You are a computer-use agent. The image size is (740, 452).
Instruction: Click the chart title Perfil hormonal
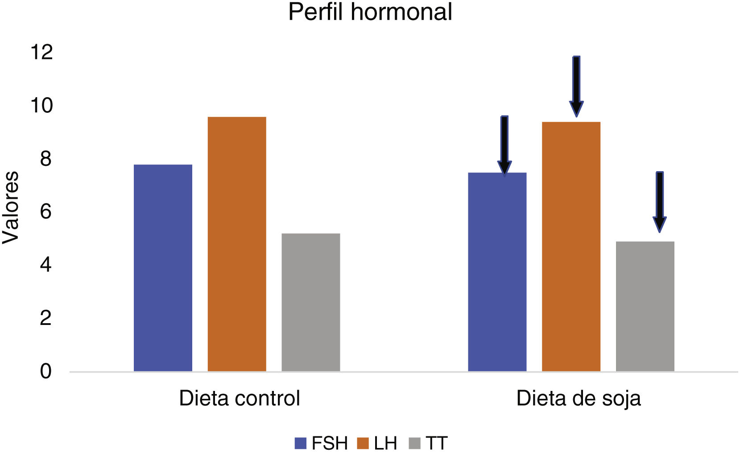[x=370, y=12]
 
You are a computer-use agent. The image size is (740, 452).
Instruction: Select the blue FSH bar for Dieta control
[x=163, y=267]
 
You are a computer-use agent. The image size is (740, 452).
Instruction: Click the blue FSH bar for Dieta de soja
[x=497, y=272]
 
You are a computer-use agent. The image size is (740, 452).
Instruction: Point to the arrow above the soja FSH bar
[x=504, y=145]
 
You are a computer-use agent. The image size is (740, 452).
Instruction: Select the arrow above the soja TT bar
[x=660, y=201]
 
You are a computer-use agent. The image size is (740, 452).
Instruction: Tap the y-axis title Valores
[x=11, y=207]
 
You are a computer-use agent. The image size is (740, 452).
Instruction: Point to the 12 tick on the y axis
[x=41, y=53]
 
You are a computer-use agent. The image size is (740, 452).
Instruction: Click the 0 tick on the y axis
[x=45, y=371]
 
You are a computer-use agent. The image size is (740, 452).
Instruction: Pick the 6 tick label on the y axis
[x=45, y=212]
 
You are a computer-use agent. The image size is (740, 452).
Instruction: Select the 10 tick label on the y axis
[x=41, y=106]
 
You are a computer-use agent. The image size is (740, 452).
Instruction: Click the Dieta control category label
[x=240, y=398]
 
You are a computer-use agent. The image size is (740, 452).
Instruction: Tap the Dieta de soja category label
[x=579, y=398]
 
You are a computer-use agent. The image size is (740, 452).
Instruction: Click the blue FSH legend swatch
[x=301, y=444]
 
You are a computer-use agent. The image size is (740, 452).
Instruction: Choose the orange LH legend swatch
[x=363, y=444]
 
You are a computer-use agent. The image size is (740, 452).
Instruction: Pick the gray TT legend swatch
[x=415, y=444]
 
